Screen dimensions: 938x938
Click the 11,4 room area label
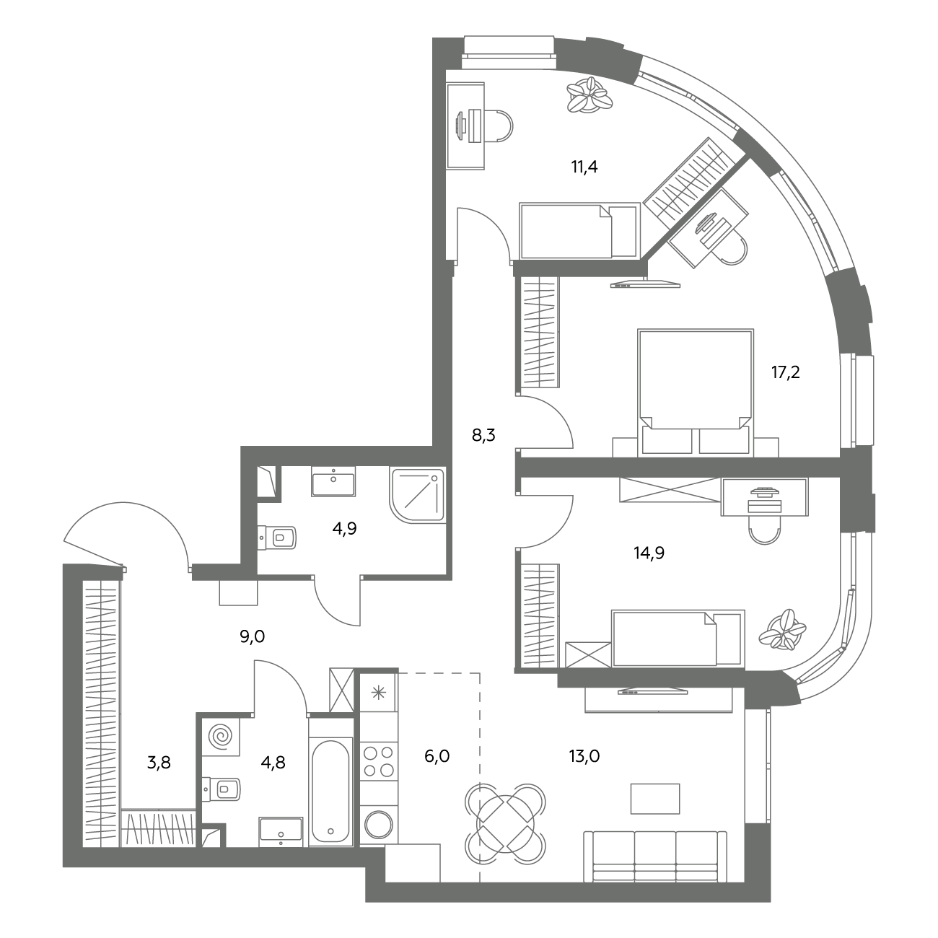coord(584,167)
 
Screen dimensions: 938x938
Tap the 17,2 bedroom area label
coord(785,372)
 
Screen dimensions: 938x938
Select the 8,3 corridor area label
coord(483,435)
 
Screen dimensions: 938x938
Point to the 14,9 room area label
coord(649,553)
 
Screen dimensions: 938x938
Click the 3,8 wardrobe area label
coord(159,763)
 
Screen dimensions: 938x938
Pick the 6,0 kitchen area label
coord(437,756)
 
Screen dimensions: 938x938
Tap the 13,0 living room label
coord(584,756)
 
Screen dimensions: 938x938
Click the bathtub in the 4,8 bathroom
coord(330,790)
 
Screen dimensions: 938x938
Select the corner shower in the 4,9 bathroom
coord(417,496)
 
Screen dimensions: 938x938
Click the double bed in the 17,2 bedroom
coord(696,393)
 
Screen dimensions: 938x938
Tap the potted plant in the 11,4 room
coord(589,97)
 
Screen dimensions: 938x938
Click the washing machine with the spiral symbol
coord(221,737)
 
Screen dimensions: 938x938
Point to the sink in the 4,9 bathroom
coord(333,481)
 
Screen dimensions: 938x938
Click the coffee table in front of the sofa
coord(654,799)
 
